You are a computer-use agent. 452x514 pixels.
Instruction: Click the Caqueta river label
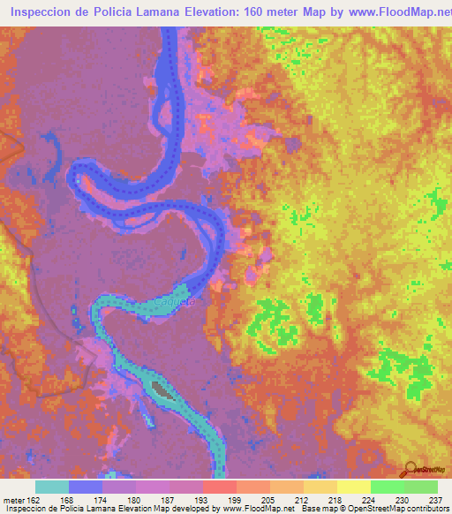pos(174,302)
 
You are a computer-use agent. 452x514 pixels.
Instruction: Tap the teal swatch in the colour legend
pos(52,487)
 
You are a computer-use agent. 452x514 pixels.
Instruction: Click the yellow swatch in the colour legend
pos(354,487)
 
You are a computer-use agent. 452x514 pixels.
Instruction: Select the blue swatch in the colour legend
pos(86,487)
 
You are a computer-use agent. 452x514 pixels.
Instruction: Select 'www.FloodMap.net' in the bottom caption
pos(257,509)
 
